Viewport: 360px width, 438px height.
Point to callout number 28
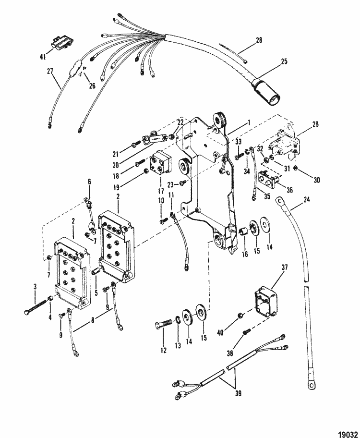click(x=259, y=40)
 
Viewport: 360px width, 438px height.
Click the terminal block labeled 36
click(x=269, y=177)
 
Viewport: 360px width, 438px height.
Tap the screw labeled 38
click(x=247, y=331)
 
